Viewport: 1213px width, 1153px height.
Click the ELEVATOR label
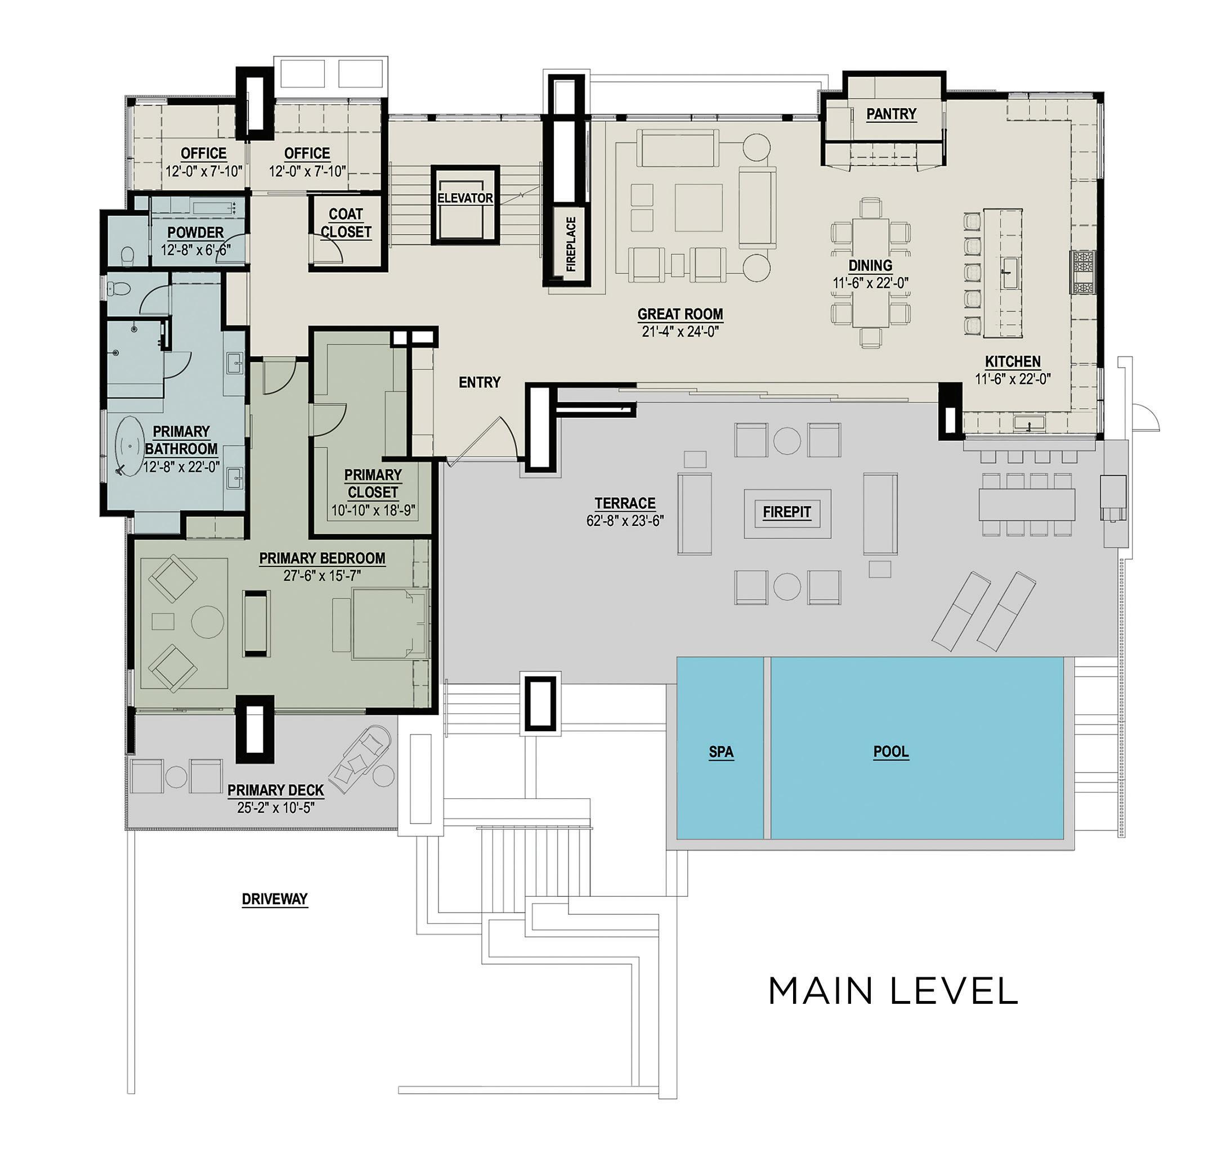465,199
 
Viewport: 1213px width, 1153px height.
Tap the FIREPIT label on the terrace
786,512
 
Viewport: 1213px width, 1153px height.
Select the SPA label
721,752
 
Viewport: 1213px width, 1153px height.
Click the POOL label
890,752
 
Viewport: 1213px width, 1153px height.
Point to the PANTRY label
891,114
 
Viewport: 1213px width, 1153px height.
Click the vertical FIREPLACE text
571,244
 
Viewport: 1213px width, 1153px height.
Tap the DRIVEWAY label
274,899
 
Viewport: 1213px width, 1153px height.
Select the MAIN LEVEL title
893,991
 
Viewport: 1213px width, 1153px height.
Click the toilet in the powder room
128,256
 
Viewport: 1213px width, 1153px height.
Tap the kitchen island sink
1008,274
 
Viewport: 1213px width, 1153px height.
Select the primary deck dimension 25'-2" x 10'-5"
275,807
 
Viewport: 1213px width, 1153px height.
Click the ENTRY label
480,382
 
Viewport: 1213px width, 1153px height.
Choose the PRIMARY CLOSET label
373,484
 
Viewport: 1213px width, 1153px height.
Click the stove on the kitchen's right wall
1084,272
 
